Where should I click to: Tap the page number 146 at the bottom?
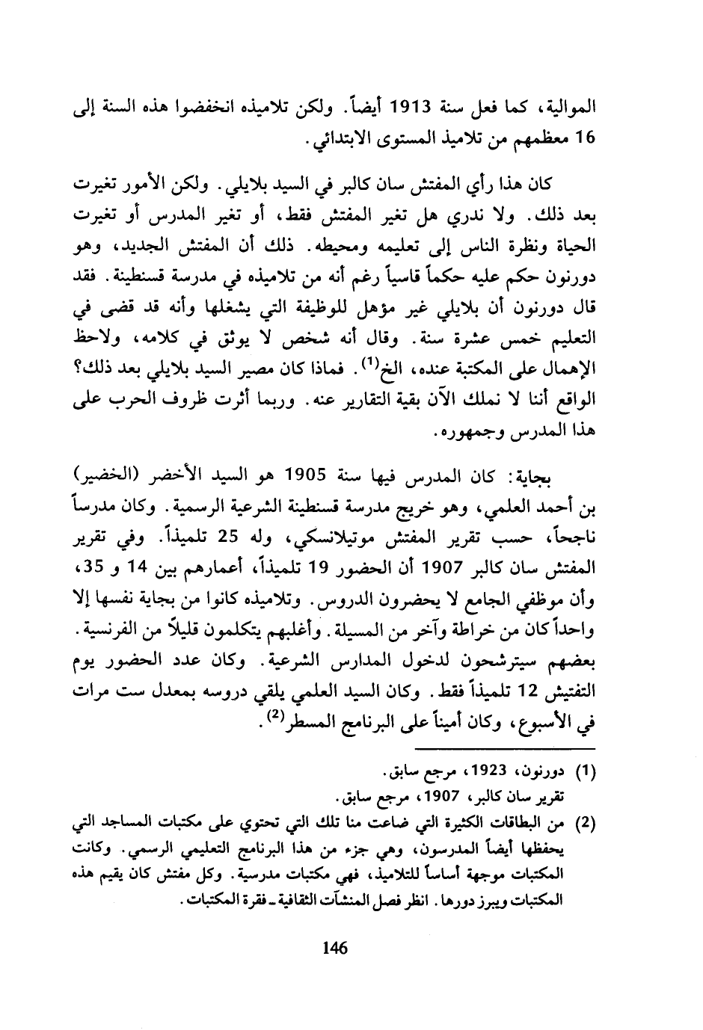(335, 949)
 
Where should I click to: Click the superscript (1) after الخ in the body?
(367, 365)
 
